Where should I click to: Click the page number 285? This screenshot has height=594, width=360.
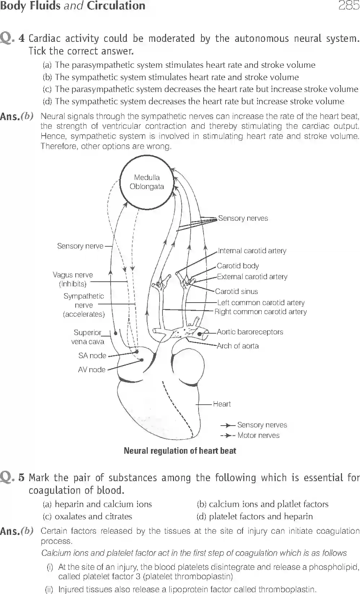coord(348,6)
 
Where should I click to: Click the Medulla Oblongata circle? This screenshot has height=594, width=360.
coord(147,182)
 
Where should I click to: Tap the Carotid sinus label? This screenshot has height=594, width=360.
coord(236,291)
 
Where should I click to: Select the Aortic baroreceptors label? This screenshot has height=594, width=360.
coord(250,332)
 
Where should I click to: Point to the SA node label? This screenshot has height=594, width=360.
coord(92,356)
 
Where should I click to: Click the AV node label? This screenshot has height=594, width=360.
coord(92,370)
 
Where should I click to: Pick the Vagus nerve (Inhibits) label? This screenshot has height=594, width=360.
coord(73,279)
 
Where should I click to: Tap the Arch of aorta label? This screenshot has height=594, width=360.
coord(237,346)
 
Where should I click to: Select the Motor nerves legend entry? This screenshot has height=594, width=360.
coord(258,435)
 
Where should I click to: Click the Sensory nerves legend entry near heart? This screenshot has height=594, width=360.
coord(262,425)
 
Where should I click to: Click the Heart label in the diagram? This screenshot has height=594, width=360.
coord(222,404)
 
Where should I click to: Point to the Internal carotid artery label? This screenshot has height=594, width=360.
coord(252,251)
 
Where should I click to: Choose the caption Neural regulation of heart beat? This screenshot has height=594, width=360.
coord(180,451)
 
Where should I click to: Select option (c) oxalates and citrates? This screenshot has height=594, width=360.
coord(88,516)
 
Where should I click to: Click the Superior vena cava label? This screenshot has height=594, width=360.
coord(88,337)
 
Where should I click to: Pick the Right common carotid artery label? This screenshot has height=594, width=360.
coord(261,312)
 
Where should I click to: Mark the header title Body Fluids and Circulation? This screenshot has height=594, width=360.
coord(72,6)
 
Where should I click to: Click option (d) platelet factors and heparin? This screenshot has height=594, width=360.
coord(254,516)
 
